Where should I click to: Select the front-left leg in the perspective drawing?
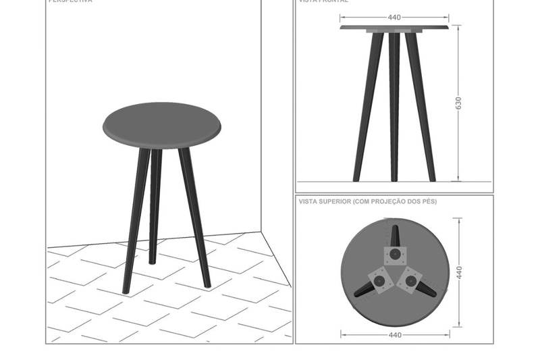tap(135, 223)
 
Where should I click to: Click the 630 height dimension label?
tap(459, 103)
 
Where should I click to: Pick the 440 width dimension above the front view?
tap(394, 18)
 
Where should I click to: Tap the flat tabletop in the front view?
tap(394, 28)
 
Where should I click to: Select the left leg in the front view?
tap(368, 108)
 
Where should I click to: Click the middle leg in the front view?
tap(394, 108)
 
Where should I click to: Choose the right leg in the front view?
tap(421, 108)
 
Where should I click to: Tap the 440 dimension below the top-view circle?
tap(395, 334)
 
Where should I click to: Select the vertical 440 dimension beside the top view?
tap(459, 272)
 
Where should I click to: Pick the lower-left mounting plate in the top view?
tap(378, 279)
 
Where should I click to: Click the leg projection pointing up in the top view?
tap(395, 234)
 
